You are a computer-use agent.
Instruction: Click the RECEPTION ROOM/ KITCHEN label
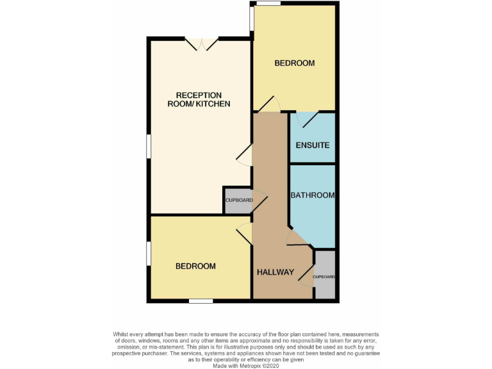click(x=199, y=99)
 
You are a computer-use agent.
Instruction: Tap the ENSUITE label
click(x=313, y=145)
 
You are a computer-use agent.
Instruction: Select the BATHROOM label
click(x=313, y=195)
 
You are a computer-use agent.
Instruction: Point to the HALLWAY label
click(x=275, y=272)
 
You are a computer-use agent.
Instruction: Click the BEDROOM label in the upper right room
click(x=295, y=63)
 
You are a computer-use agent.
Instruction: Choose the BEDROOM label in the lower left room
click(x=195, y=266)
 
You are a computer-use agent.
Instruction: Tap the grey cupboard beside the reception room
click(x=237, y=201)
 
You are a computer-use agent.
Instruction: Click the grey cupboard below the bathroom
click(x=325, y=275)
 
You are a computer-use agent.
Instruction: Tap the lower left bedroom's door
click(x=244, y=234)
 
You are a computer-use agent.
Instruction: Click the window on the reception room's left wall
click(x=149, y=145)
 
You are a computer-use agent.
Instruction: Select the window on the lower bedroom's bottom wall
click(x=201, y=300)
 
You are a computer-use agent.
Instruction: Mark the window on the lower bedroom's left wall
click(x=149, y=255)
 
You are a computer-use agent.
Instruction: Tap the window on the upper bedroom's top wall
click(x=268, y=4)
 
